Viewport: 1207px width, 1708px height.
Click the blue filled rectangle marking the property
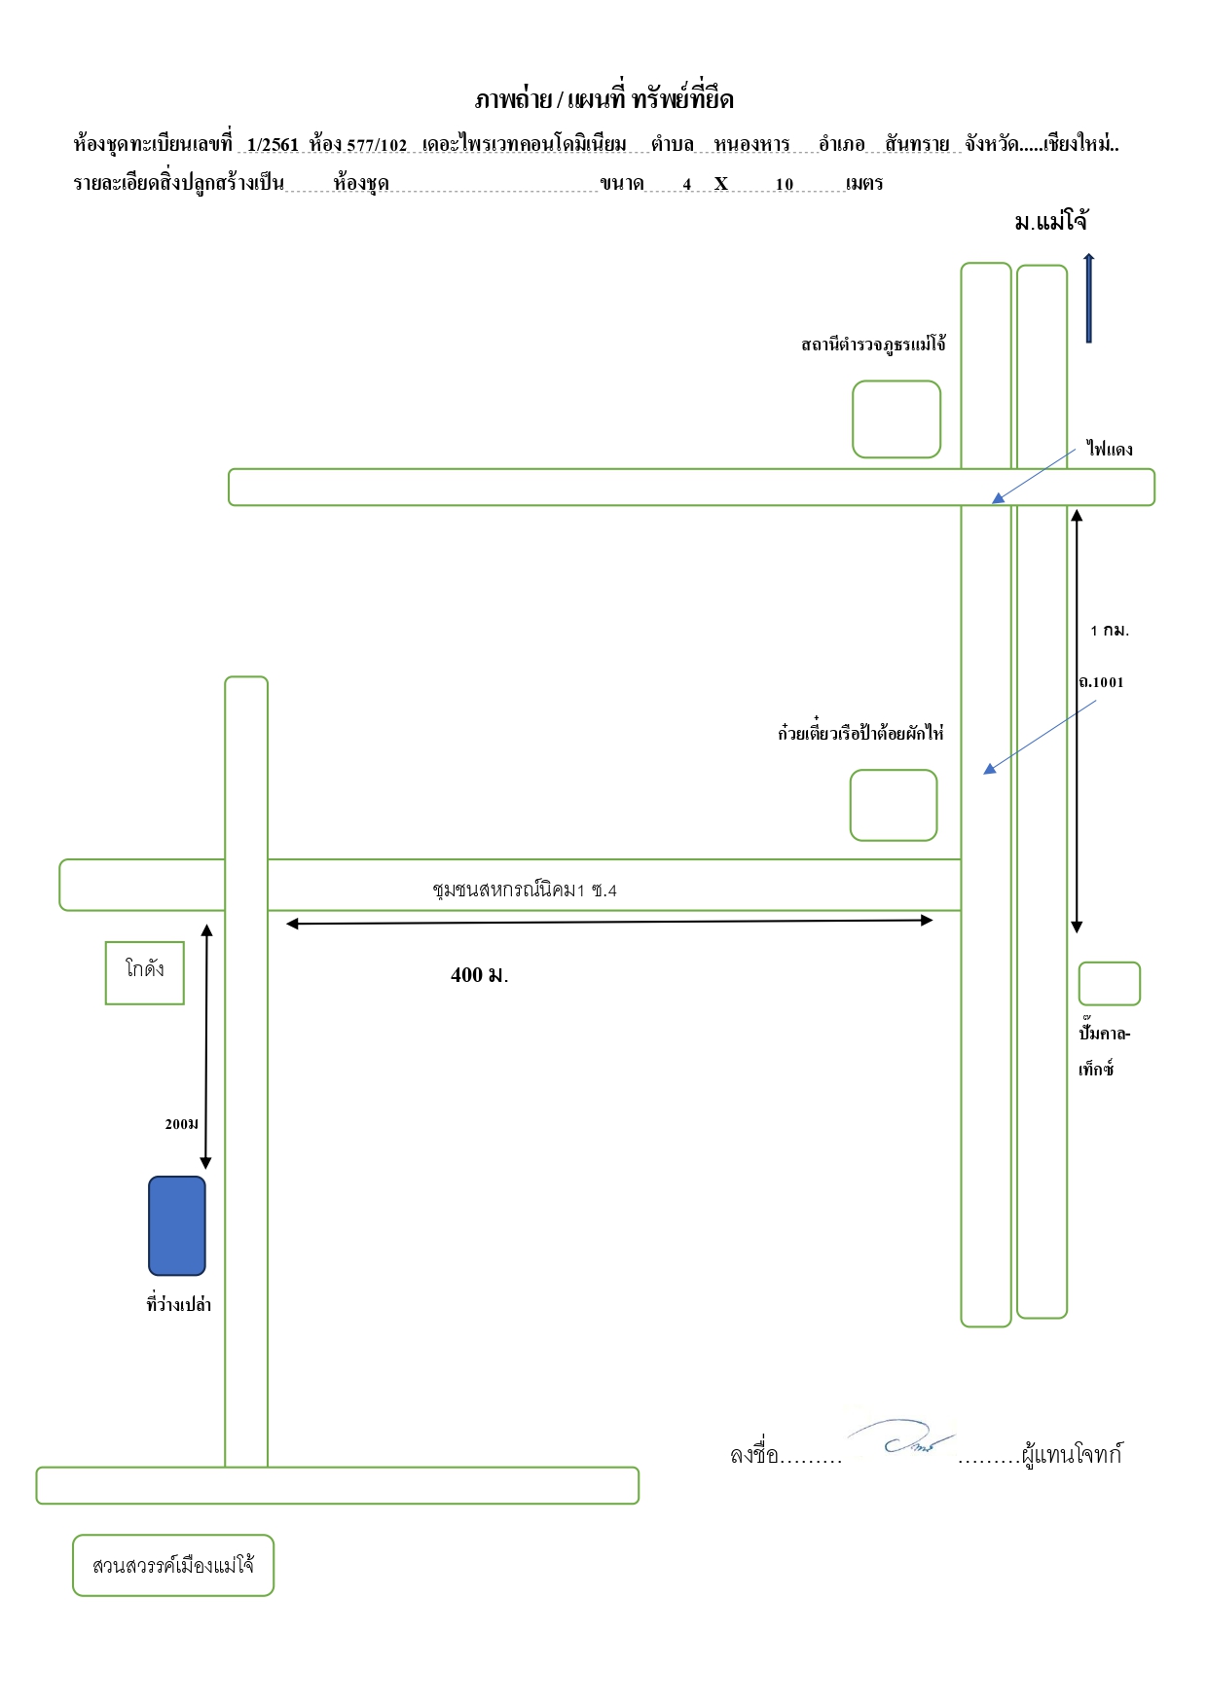[x=177, y=1225]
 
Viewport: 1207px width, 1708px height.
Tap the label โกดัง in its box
[x=145, y=969]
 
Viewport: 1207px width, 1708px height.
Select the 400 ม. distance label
[x=480, y=975]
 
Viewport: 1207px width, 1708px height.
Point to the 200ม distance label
[x=182, y=1124]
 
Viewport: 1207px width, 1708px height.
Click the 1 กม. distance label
[x=1110, y=631]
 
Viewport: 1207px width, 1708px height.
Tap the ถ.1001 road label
[x=1101, y=682]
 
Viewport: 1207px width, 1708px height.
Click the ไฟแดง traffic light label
[x=1110, y=449]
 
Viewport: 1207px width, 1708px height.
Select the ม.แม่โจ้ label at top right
[x=1051, y=222]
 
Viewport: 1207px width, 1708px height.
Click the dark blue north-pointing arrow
[x=1088, y=298]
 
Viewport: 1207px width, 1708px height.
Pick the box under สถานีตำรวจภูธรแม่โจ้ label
[x=896, y=419]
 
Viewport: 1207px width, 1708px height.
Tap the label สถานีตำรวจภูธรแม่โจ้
[x=874, y=345]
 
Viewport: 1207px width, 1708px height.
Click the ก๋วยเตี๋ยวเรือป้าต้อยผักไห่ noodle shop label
[x=860, y=732]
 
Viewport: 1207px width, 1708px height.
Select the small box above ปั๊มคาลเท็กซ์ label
[x=1109, y=984]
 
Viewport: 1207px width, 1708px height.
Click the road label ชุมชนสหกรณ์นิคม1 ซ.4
[x=525, y=890]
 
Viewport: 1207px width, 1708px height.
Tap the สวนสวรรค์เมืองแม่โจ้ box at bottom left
[x=173, y=1566]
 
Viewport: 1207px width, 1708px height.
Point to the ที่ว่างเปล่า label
[x=179, y=1304]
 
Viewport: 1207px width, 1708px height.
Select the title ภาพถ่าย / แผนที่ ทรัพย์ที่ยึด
[x=603, y=99]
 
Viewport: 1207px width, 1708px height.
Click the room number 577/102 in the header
[x=377, y=145]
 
